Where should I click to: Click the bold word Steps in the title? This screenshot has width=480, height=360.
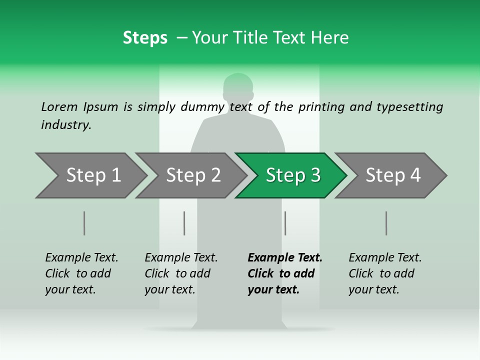[x=145, y=38]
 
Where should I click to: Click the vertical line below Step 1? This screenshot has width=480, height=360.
[x=84, y=223]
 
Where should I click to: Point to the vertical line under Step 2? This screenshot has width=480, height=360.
[x=184, y=223]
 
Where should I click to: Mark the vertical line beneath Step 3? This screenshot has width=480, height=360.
[x=285, y=223]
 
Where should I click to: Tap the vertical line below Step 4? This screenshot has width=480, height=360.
[x=386, y=223]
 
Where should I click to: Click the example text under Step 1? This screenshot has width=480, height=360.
[x=81, y=273]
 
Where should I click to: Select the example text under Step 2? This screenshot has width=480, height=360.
[x=181, y=273]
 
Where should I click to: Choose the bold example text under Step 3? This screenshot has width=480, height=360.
[x=284, y=273]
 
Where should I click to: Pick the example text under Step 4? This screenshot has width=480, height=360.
[x=385, y=273]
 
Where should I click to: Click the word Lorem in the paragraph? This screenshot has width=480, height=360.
[x=59, y=106]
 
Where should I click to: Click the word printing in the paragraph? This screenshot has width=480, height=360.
[x=321, y=107]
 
